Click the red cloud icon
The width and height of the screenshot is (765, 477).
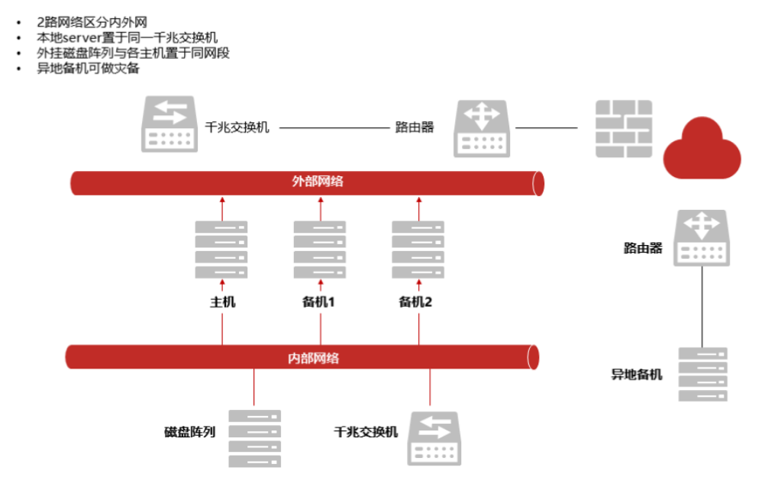click(702, 148)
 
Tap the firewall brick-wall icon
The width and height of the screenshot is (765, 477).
click(623, 128)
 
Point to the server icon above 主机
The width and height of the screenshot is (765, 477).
click(221, 249)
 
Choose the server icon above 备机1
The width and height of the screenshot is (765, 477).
click(320, 249)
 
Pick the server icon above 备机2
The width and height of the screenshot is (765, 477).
click(418, 249)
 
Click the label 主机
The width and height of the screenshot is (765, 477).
click(222, 301)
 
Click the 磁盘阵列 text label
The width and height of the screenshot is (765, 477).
click(189, 432)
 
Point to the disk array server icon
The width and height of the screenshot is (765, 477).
click(255, 438)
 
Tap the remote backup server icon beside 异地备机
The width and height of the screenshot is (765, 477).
click(702, 374)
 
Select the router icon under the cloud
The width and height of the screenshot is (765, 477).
click(701, 237)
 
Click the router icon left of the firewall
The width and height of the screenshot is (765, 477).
click(481, 128)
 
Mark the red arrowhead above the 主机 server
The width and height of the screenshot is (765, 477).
click(222, 200)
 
